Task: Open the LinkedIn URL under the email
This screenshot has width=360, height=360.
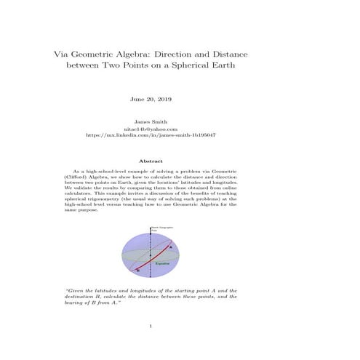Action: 151,135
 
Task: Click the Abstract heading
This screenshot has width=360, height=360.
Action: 151,161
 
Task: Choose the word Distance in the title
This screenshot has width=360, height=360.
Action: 223,54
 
